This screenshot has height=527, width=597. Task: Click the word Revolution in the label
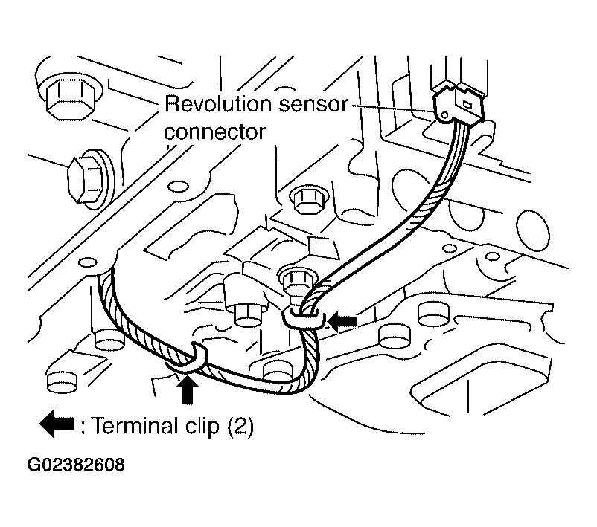[218, 104]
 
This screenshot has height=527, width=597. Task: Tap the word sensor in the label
[313, 104]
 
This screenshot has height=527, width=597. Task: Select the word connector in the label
[214, 132]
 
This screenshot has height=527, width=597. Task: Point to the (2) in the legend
[240, 426]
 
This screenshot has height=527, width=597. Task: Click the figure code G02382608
[76, 465]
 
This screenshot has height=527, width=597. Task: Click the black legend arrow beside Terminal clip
[57, 424]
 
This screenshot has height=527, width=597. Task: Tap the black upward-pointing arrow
[188, 389]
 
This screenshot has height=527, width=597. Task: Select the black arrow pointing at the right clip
[342, 321]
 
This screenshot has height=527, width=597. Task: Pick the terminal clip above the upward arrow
[188, 359]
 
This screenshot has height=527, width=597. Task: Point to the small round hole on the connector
[444, 114]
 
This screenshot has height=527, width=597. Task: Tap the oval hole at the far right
[533, 230]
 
